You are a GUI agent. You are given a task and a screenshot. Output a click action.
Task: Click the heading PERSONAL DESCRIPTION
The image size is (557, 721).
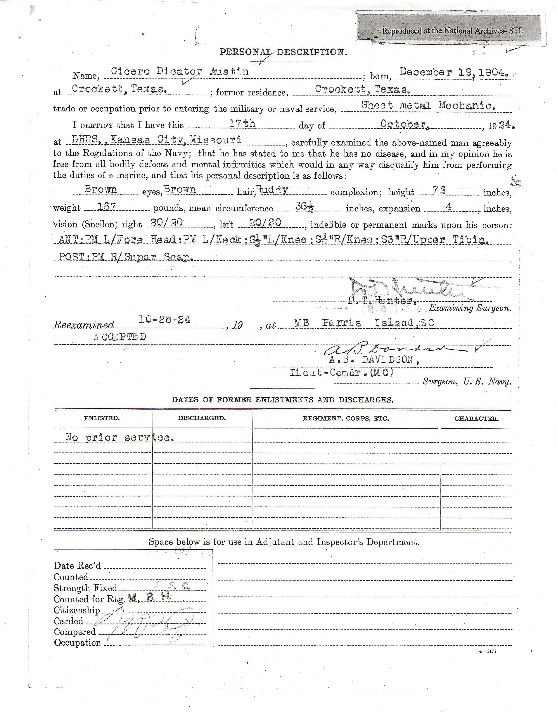[x=283, y=52]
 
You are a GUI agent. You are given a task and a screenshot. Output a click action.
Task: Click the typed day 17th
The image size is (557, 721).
[x=242, y=124]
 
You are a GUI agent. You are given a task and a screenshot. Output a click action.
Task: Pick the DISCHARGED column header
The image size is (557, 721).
[x=202, y=418]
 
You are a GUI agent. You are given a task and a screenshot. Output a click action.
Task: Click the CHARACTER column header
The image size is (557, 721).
[x=476, y=419]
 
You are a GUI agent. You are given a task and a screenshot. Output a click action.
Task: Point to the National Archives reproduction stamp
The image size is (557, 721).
[x=452, y=31]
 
